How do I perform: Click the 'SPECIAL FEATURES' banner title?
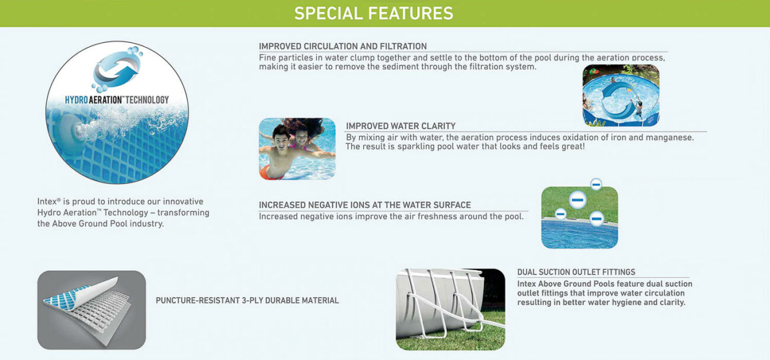374,13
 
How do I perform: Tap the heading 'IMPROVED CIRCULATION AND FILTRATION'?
342,46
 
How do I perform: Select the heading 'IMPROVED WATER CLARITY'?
400,126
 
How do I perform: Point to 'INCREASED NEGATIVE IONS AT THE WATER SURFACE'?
364,205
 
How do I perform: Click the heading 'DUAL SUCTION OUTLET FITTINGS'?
576,272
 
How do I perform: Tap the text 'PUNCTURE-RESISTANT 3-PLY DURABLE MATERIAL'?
247,301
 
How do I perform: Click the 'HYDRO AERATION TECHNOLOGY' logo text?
117,100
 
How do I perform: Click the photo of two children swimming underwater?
297,149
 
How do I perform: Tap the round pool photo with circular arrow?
620,95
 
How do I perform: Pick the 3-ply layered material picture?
91,310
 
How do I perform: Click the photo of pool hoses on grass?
450,309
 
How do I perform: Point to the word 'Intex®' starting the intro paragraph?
49,202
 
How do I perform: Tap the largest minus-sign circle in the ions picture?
577,200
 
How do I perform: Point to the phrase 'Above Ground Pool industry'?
107,224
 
